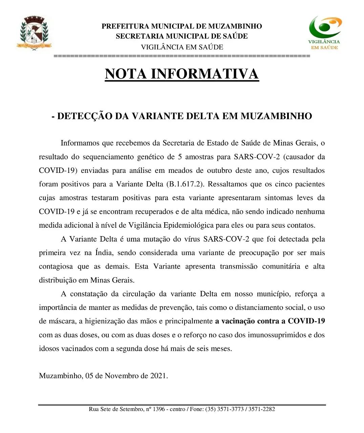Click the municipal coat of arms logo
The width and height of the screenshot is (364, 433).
click(x=34, y=33)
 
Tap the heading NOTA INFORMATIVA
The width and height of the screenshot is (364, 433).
click(x=182, y=74)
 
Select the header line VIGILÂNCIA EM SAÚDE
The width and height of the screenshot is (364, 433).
click(x=182, y=47)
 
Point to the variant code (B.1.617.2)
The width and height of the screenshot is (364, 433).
click(x=185, y=184)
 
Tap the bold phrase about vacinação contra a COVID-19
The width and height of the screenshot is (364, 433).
click(x=270, y=321)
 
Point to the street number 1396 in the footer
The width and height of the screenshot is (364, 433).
click(x=159, y=409)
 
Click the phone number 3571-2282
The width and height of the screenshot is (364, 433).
click(x=262, y=409)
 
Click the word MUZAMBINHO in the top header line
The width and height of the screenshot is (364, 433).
click(x=235, y=26)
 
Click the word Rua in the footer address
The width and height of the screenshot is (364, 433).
click(x=94, y=409)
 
